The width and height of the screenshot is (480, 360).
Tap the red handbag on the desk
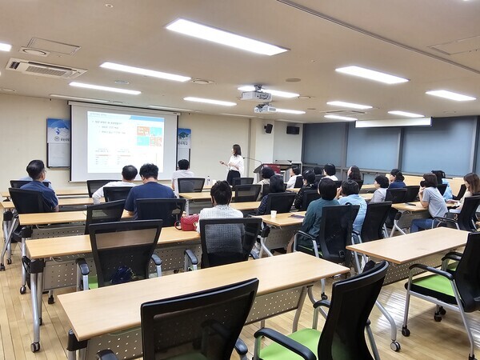click(189, 222)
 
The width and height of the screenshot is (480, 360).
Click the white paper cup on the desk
click(274, 215)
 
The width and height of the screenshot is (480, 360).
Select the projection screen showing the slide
click(125, 142)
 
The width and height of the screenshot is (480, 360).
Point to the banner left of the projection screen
click(58, 142)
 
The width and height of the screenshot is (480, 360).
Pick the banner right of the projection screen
click(184, 145)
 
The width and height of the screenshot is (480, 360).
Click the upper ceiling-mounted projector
click(256, 95)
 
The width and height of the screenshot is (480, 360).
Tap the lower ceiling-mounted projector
click(264, 109)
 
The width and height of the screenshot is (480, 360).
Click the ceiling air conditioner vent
click(46, 68)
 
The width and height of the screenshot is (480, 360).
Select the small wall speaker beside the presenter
click(268, 128)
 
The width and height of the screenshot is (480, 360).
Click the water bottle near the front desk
click(208, 182)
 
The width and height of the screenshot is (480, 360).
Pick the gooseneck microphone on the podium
click(254, 160)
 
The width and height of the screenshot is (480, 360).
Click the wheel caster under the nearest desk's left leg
click(35, 346)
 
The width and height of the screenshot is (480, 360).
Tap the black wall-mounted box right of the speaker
click(293, 130)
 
